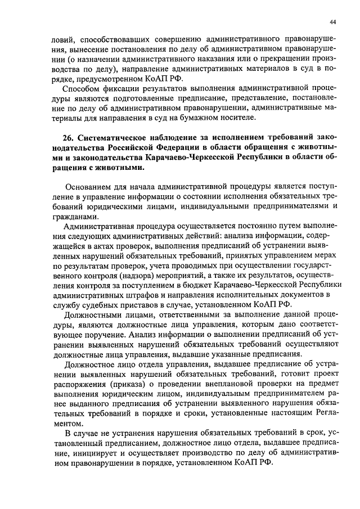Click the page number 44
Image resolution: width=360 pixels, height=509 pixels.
332,21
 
